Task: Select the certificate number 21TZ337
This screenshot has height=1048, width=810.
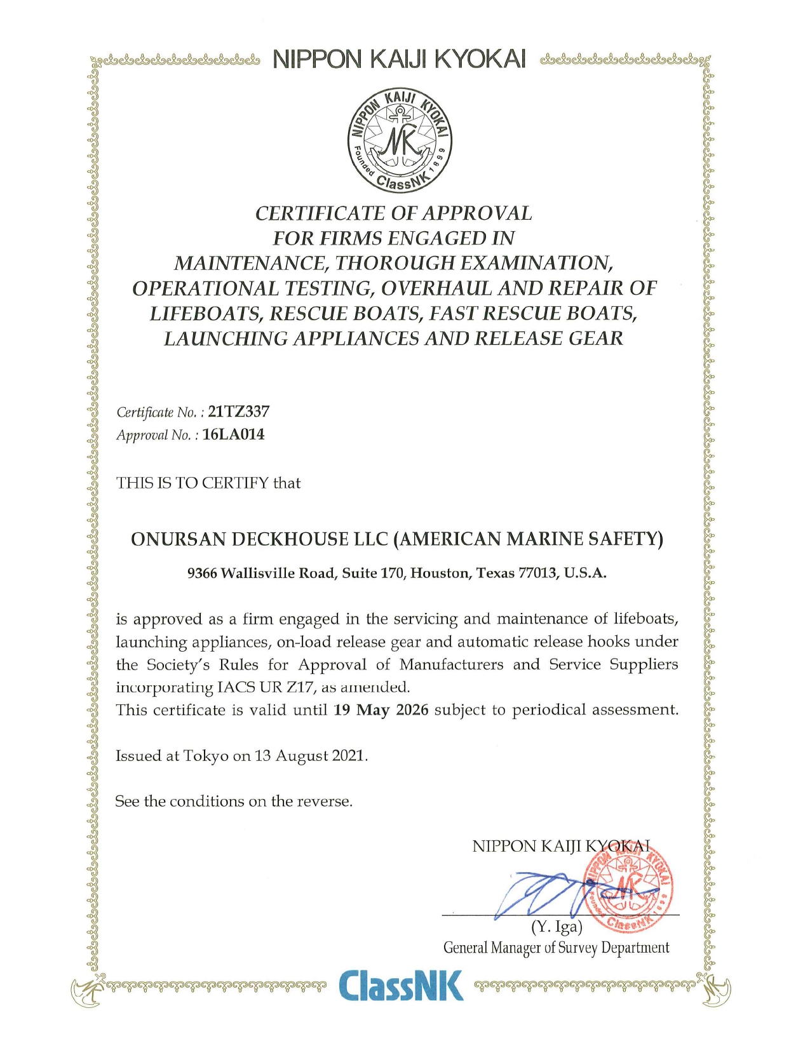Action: [239, 412]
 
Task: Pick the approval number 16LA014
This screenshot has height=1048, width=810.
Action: [233, 434]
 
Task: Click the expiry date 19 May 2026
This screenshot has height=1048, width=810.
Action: [381, 709]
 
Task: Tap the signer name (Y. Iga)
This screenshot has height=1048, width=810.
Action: [557, 927]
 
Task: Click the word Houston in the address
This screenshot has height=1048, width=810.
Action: [440, 573]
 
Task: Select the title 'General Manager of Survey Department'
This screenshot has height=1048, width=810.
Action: [556, 948]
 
